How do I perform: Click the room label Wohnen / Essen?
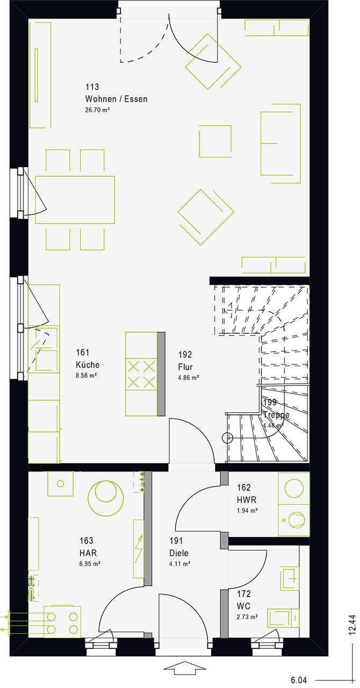tap(116, 99)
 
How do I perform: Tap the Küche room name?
tap(88, 364)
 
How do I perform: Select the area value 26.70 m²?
tap(97, 110)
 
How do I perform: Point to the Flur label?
tap(185, 367)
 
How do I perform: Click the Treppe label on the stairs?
tap(276, 414)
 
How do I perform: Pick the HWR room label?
tap(246, 500)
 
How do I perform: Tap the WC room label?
tap(243, 606)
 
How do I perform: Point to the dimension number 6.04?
tap(298, 680)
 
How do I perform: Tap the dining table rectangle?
tap(75, 199)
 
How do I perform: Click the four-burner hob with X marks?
tap(141, 375)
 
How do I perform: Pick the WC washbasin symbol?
tap(290, 578)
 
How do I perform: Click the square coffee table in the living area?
tap(215, 141)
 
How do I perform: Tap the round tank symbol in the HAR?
tap(106, 498)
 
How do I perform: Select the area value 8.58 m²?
tap(87, 375)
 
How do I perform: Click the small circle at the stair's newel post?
tap(227, 438)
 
